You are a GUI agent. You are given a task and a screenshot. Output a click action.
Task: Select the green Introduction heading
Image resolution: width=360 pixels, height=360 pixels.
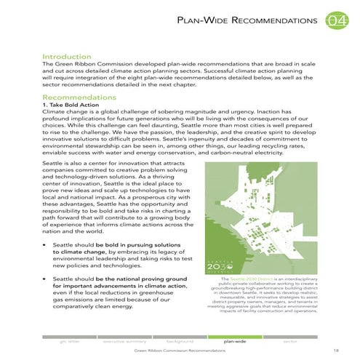(67, 56)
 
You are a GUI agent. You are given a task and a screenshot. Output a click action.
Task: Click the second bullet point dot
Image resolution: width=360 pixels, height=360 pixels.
(46, 279)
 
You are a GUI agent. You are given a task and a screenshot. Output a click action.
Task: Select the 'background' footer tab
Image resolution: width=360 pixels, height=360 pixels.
(179, 339)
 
